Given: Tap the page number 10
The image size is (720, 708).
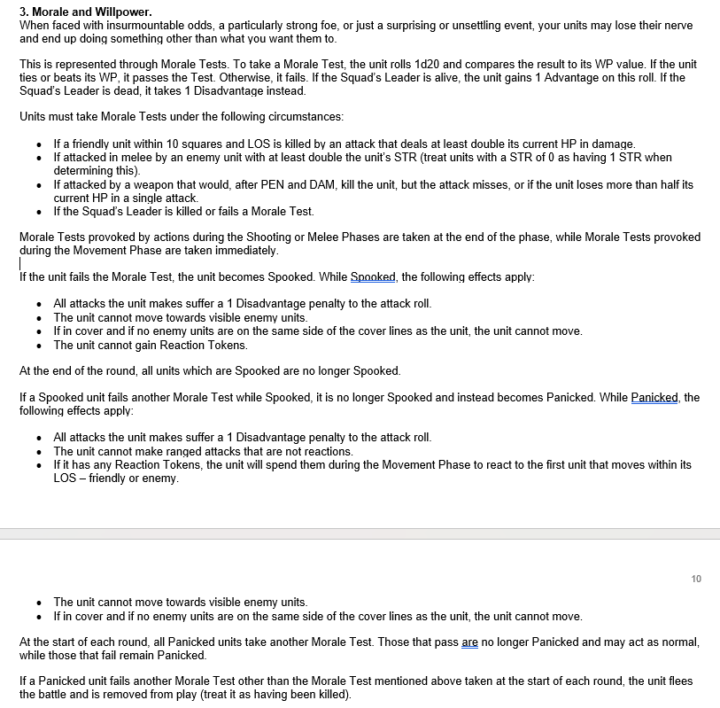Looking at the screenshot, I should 696,579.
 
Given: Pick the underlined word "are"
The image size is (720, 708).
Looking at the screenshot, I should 470,642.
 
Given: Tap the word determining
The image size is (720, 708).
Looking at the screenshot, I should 87,170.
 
